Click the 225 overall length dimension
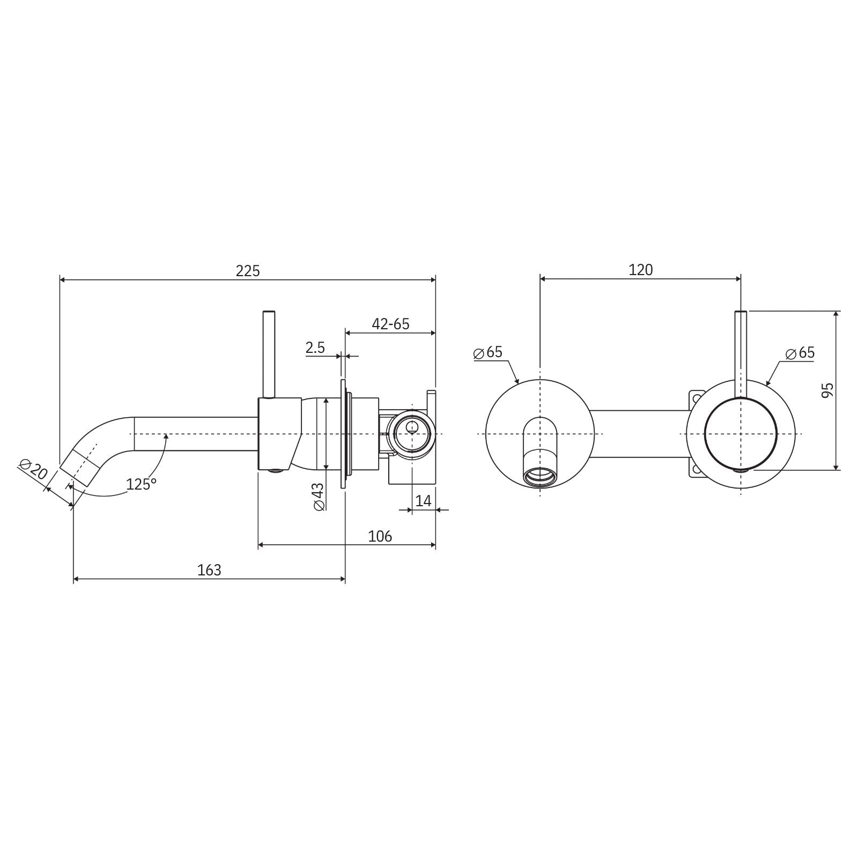[247, 271]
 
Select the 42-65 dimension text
[390, 324]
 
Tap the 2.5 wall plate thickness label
[315, 347]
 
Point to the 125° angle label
[141, 484]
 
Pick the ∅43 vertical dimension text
[318, 496]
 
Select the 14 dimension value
[423, 501]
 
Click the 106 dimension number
[380, 536]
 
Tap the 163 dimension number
[209, 569]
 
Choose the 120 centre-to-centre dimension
[640, 270]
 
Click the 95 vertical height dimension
[827, 390]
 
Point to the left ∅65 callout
[488, 352]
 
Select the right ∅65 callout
[800, 353]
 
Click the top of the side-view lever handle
[269, 312]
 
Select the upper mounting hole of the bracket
[697, 398]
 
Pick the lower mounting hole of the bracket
[697, 470]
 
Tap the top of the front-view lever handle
[741, 313]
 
